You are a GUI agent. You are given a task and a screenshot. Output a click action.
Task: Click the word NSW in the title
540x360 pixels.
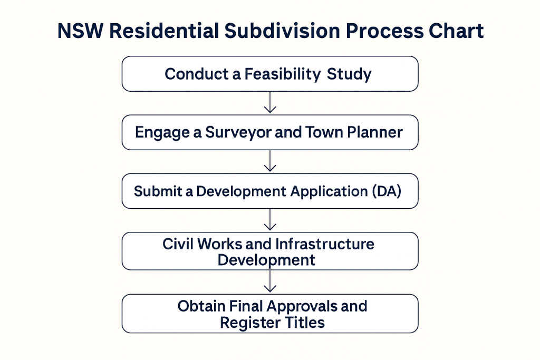80,31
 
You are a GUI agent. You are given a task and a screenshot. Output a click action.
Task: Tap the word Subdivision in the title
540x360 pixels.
283,31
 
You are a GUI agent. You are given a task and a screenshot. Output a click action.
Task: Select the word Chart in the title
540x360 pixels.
456,31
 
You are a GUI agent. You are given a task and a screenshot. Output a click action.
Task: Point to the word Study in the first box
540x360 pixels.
349,74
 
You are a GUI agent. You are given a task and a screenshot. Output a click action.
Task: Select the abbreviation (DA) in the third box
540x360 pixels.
387,191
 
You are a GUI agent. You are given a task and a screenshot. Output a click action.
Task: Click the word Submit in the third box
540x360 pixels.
158,191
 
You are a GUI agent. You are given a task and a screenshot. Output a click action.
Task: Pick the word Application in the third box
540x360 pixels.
329,192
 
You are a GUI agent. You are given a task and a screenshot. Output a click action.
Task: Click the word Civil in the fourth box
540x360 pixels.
178,244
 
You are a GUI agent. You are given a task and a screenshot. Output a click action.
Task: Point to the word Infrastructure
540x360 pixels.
325,244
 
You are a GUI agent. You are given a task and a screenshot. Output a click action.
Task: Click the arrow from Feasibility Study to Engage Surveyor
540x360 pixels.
270,102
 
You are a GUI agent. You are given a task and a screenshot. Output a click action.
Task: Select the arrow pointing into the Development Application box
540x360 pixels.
270,161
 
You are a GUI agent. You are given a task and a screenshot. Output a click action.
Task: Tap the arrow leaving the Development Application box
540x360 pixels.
270,220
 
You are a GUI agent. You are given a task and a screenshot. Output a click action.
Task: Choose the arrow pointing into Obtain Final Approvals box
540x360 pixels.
270,281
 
